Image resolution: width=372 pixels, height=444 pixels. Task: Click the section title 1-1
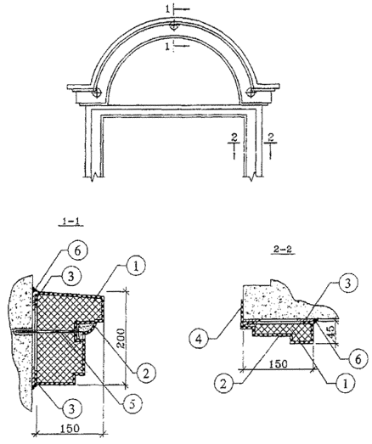coord(70,222)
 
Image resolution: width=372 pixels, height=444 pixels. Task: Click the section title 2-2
coord(283,250)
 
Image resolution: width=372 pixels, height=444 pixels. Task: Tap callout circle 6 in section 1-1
coord(78,251)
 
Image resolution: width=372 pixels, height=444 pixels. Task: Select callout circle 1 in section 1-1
coord(135,267)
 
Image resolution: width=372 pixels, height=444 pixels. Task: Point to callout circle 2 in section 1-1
coord(146,373)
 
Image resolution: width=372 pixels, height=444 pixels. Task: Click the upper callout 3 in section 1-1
coord(70,276)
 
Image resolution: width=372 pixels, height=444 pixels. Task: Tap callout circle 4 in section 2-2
coord(200,339)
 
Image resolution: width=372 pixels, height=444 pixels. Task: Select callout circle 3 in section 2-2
coord(347,283)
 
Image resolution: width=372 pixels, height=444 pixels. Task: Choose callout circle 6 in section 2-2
coord(358,359)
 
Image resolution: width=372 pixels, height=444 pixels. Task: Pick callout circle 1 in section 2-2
coord(345,384)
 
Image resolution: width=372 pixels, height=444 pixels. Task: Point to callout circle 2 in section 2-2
coord(224,384)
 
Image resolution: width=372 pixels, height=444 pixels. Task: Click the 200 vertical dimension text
coord(121,340)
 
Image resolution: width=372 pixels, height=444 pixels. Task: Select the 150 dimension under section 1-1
coord(70,428)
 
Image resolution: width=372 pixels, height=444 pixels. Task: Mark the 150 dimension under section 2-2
coord(278,363)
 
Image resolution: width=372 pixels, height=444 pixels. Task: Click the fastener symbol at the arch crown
coord(173,26)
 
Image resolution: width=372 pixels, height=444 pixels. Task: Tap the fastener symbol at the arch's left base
coord(97,93)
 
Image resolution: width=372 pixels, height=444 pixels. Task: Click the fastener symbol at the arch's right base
coord(251,92)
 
